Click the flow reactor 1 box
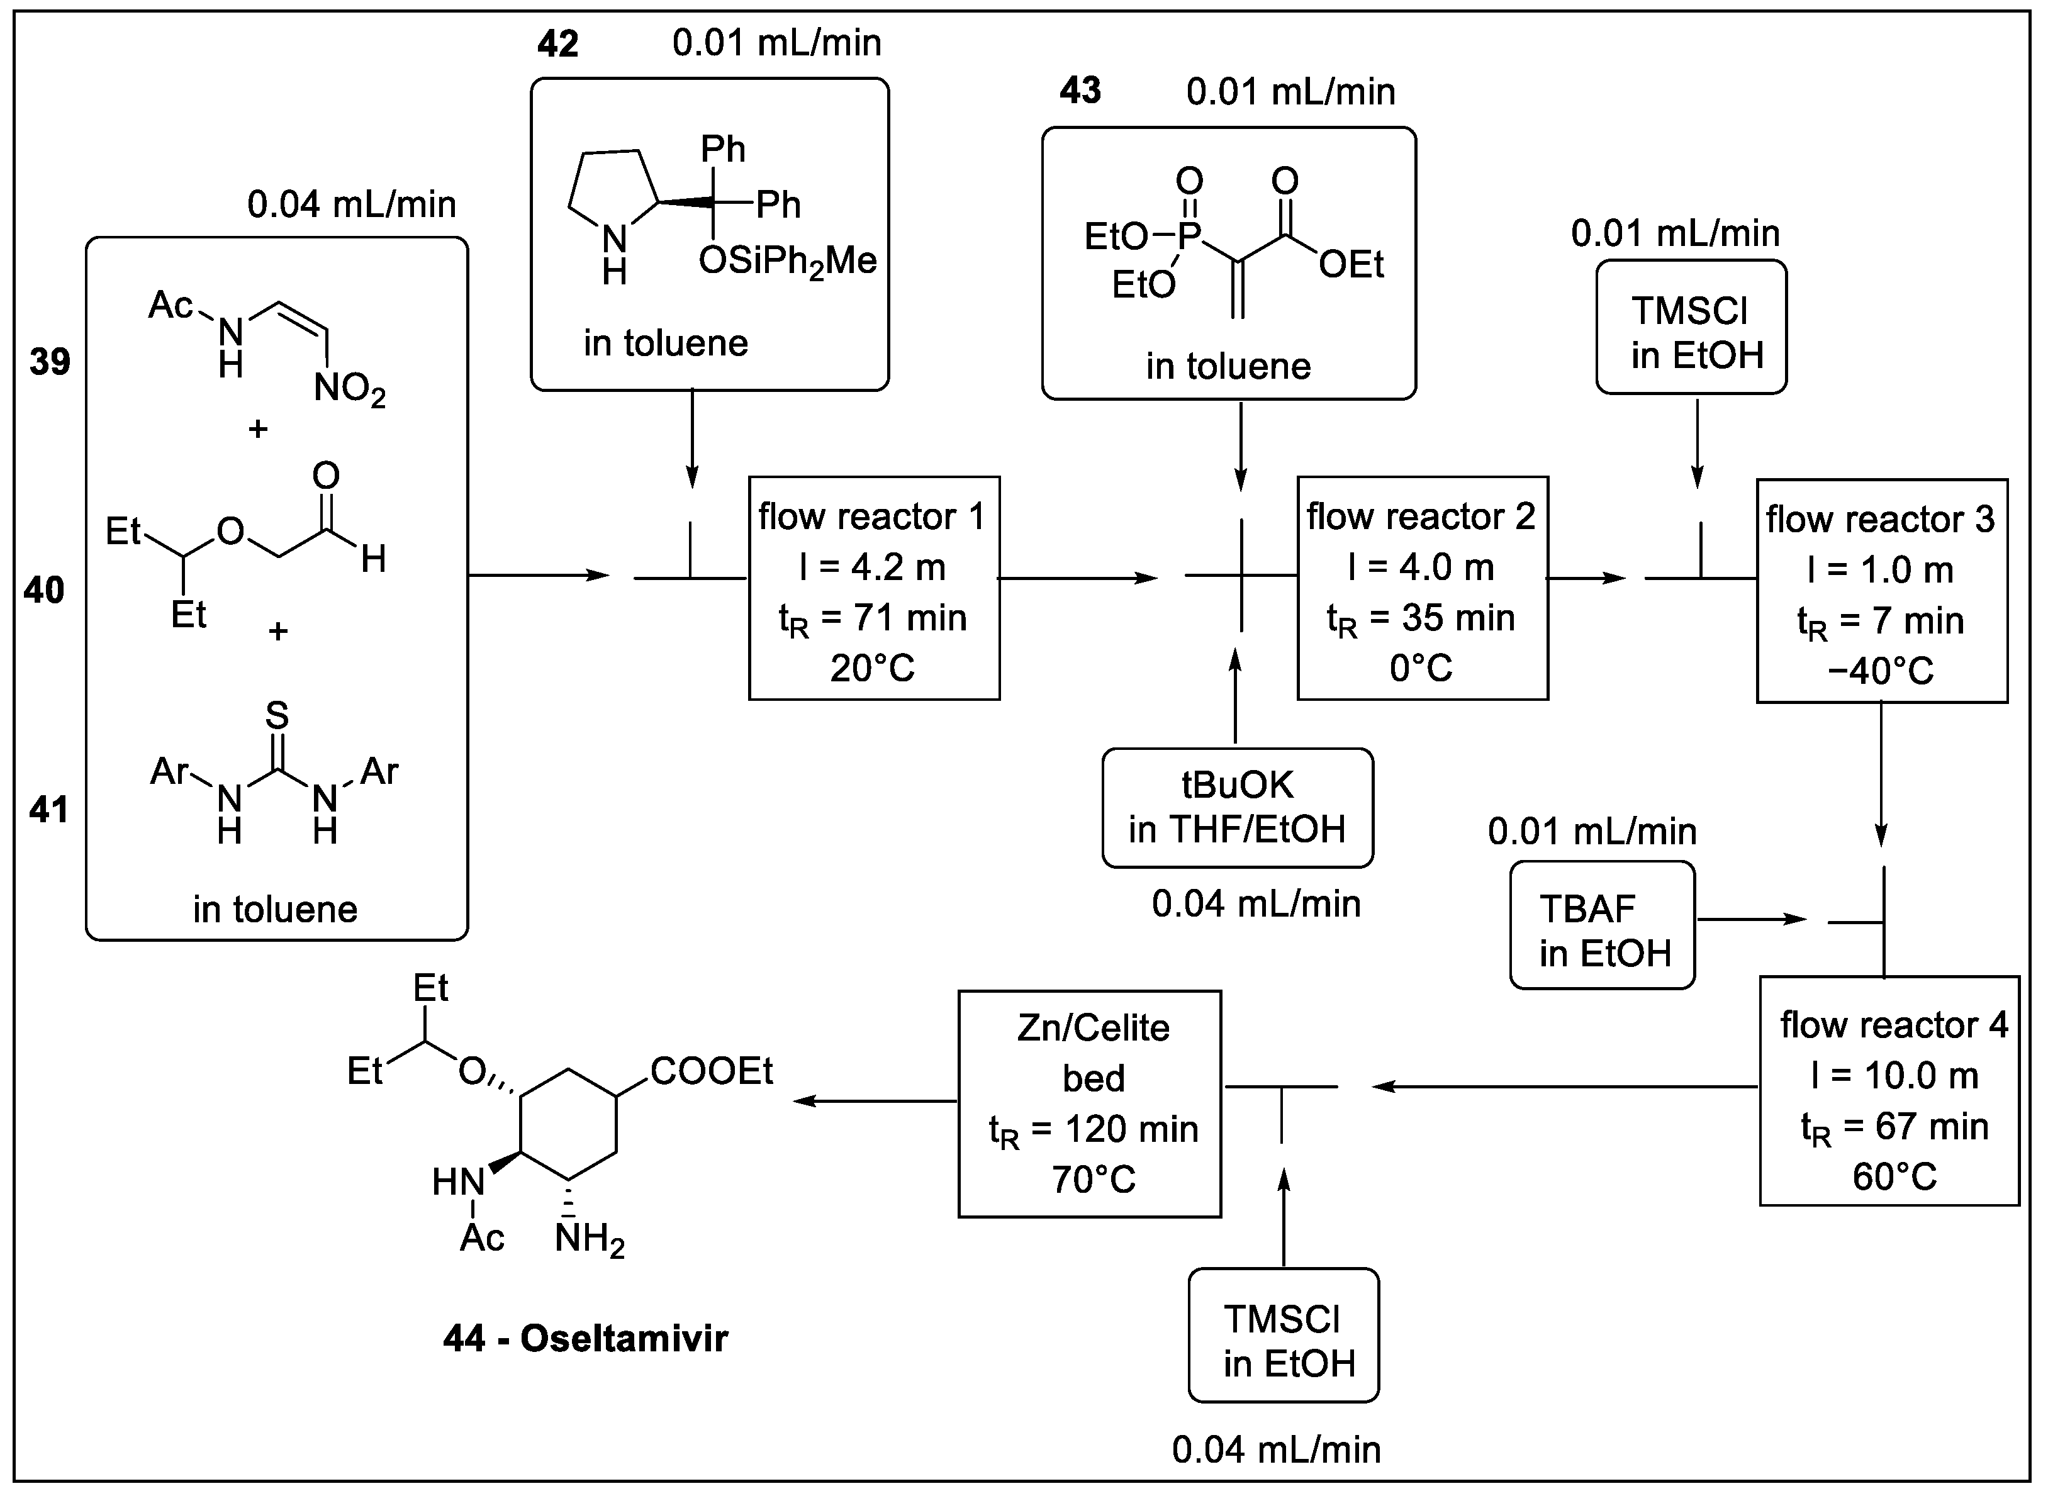873,588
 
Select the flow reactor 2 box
1421,588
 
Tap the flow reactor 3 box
1881,591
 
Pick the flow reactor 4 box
1888,1090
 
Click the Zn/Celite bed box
1089,1103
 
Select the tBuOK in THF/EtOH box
1236,807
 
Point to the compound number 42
557,44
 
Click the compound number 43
1080,91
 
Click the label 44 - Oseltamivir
585,1338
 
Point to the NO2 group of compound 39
349,390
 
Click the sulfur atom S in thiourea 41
277,715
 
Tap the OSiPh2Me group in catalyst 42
786,262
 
